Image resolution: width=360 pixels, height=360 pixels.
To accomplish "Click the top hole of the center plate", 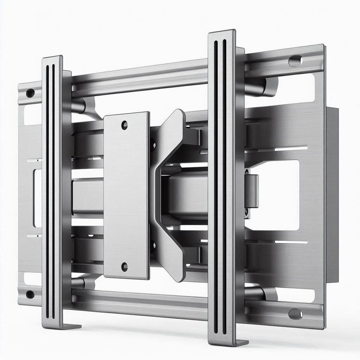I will (124, 124).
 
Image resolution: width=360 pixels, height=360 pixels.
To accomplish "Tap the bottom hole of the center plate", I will (124, 267).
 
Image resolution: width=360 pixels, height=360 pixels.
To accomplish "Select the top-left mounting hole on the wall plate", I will (30, 93).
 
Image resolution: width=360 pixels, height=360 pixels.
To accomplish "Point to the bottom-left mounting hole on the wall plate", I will (30, 294).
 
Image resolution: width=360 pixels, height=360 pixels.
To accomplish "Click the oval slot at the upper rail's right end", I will (295, 60).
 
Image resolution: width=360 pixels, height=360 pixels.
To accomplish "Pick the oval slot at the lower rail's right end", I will (295, 313).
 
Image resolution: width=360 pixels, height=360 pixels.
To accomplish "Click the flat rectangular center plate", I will (126, 195).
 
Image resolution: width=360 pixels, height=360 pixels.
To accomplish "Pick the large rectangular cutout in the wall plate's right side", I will (278, 195).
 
